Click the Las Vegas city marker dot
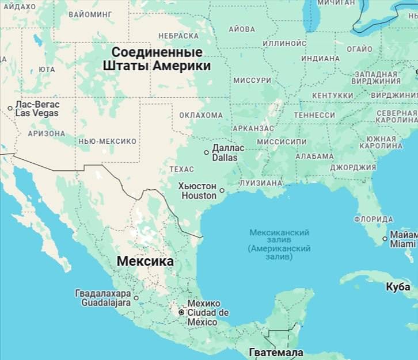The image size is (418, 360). click(10, 108)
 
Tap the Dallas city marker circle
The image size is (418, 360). click(207, 152)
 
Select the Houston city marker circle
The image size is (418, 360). click(222, 190)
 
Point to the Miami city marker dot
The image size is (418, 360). click(385, 239)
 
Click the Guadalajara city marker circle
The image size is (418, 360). click(136, 298)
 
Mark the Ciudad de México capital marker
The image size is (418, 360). click(181, 312)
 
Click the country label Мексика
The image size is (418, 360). click(145, 261)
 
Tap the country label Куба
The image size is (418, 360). click(398, 286)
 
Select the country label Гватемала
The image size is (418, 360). click(276, 352)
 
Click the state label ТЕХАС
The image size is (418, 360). click(182, 169)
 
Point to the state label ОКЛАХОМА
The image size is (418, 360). click(200, 115)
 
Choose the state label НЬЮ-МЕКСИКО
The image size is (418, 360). click(107, 141)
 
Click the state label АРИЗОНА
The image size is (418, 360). click(47, 133)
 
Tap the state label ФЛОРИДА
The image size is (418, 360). click(374, 219)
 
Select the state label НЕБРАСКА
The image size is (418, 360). click(178, 36)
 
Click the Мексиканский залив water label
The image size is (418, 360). click(279, 232)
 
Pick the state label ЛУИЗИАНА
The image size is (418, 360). click(261, 183)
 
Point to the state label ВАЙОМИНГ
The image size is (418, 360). click(89, 13)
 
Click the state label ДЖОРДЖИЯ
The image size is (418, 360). click(353, 167)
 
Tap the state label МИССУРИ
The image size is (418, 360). click(252, 81)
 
